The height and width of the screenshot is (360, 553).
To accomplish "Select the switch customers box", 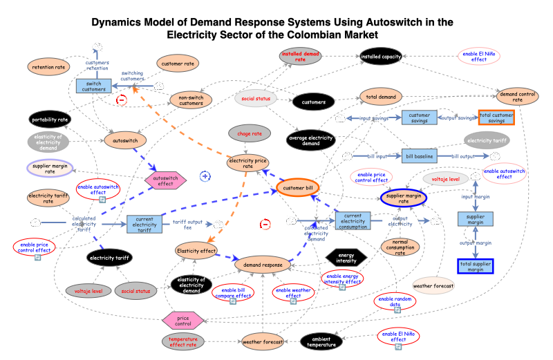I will pyautogui.click(x=94, y=86).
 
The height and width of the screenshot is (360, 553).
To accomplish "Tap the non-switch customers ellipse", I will pyautogui.click(x=196, y=101).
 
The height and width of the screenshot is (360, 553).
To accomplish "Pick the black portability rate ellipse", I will pyautogui.click(x=50, y=119).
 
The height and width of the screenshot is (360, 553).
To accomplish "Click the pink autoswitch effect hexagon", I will pyautogui.click(x=166, y=180).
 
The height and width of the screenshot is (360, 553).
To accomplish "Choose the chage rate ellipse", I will pyautogui.click(x=249, y=133).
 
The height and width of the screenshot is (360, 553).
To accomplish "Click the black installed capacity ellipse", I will pyautogui.click(x=382, y=57).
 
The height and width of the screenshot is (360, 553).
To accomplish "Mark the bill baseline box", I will pyautogui.click(x=419, y=157).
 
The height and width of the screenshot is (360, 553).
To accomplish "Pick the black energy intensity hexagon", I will pyautogui.click(x=346, y=256).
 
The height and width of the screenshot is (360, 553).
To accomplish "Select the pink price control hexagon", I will pyautogui.click(x=183, y=320).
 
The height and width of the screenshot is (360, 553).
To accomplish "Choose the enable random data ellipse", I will pyautogui.click(x=395, y=301).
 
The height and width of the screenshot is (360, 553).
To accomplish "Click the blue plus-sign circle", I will pyautogui.click(x=205, y=176).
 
